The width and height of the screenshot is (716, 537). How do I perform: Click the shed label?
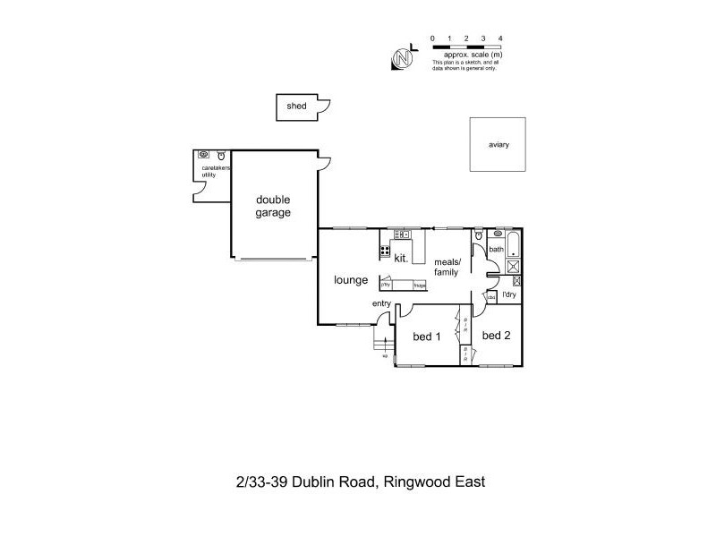coord(295,107)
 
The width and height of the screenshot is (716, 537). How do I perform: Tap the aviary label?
coord(499,145)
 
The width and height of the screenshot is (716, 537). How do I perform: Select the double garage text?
coord(274,206)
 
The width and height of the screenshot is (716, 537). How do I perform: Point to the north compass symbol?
coord(401,59)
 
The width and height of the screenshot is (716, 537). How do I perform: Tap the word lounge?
coord(351,280)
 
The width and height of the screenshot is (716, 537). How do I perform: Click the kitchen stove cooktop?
coord(385,251)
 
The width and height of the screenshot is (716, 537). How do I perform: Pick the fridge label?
coord(419,286)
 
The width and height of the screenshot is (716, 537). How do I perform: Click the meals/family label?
coord(446,267)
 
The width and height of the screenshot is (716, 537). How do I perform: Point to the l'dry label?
coord(509,294)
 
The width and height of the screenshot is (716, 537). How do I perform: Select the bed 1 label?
coord(427,337)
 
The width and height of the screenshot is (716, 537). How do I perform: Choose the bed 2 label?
coord(496,336)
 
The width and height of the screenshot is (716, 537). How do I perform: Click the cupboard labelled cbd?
coord(491,296)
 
